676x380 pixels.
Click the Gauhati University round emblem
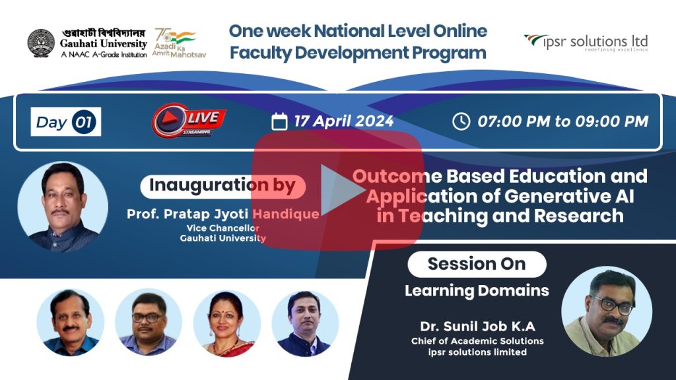(x=41, y=43)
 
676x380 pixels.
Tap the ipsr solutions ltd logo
(x=586, y=43)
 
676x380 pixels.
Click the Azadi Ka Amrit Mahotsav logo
(x=179, y=43)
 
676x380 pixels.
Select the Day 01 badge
(x=66, y=122)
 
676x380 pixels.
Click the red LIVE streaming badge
(x=189, y=121)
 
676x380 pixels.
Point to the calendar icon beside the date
(x=279, y=121)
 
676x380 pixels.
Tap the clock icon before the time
(x=461, y=121)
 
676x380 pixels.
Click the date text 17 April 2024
(x=343, y=121)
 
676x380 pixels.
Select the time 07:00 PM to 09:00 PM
(x=562, y=121)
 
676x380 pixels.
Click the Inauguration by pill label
(x=223, y=186)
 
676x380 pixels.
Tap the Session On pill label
(x=477, y=264)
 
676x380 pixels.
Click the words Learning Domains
(x=477, y=291)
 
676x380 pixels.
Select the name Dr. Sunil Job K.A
(x=478, y=326)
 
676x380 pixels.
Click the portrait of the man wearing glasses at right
(x=607, y=311)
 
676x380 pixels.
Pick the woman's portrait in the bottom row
(x=227, y=323)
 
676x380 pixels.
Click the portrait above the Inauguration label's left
(x=63, y=206)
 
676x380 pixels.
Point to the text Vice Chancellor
(x=223, y=228)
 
